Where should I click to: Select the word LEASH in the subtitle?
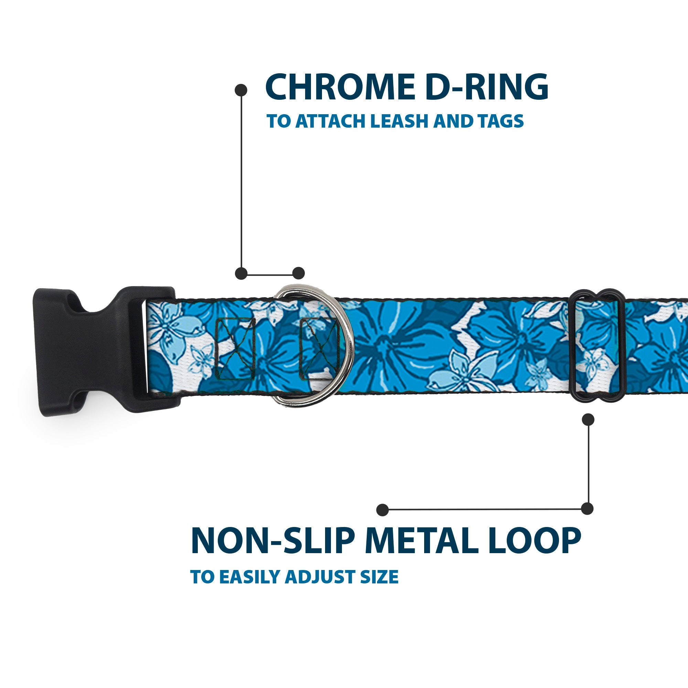point(399,121)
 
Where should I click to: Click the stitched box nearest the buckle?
point(236,348)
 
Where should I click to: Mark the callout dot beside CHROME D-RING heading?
point(241,90)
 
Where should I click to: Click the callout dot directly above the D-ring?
point(298,273)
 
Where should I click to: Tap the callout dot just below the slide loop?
point(588,419)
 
